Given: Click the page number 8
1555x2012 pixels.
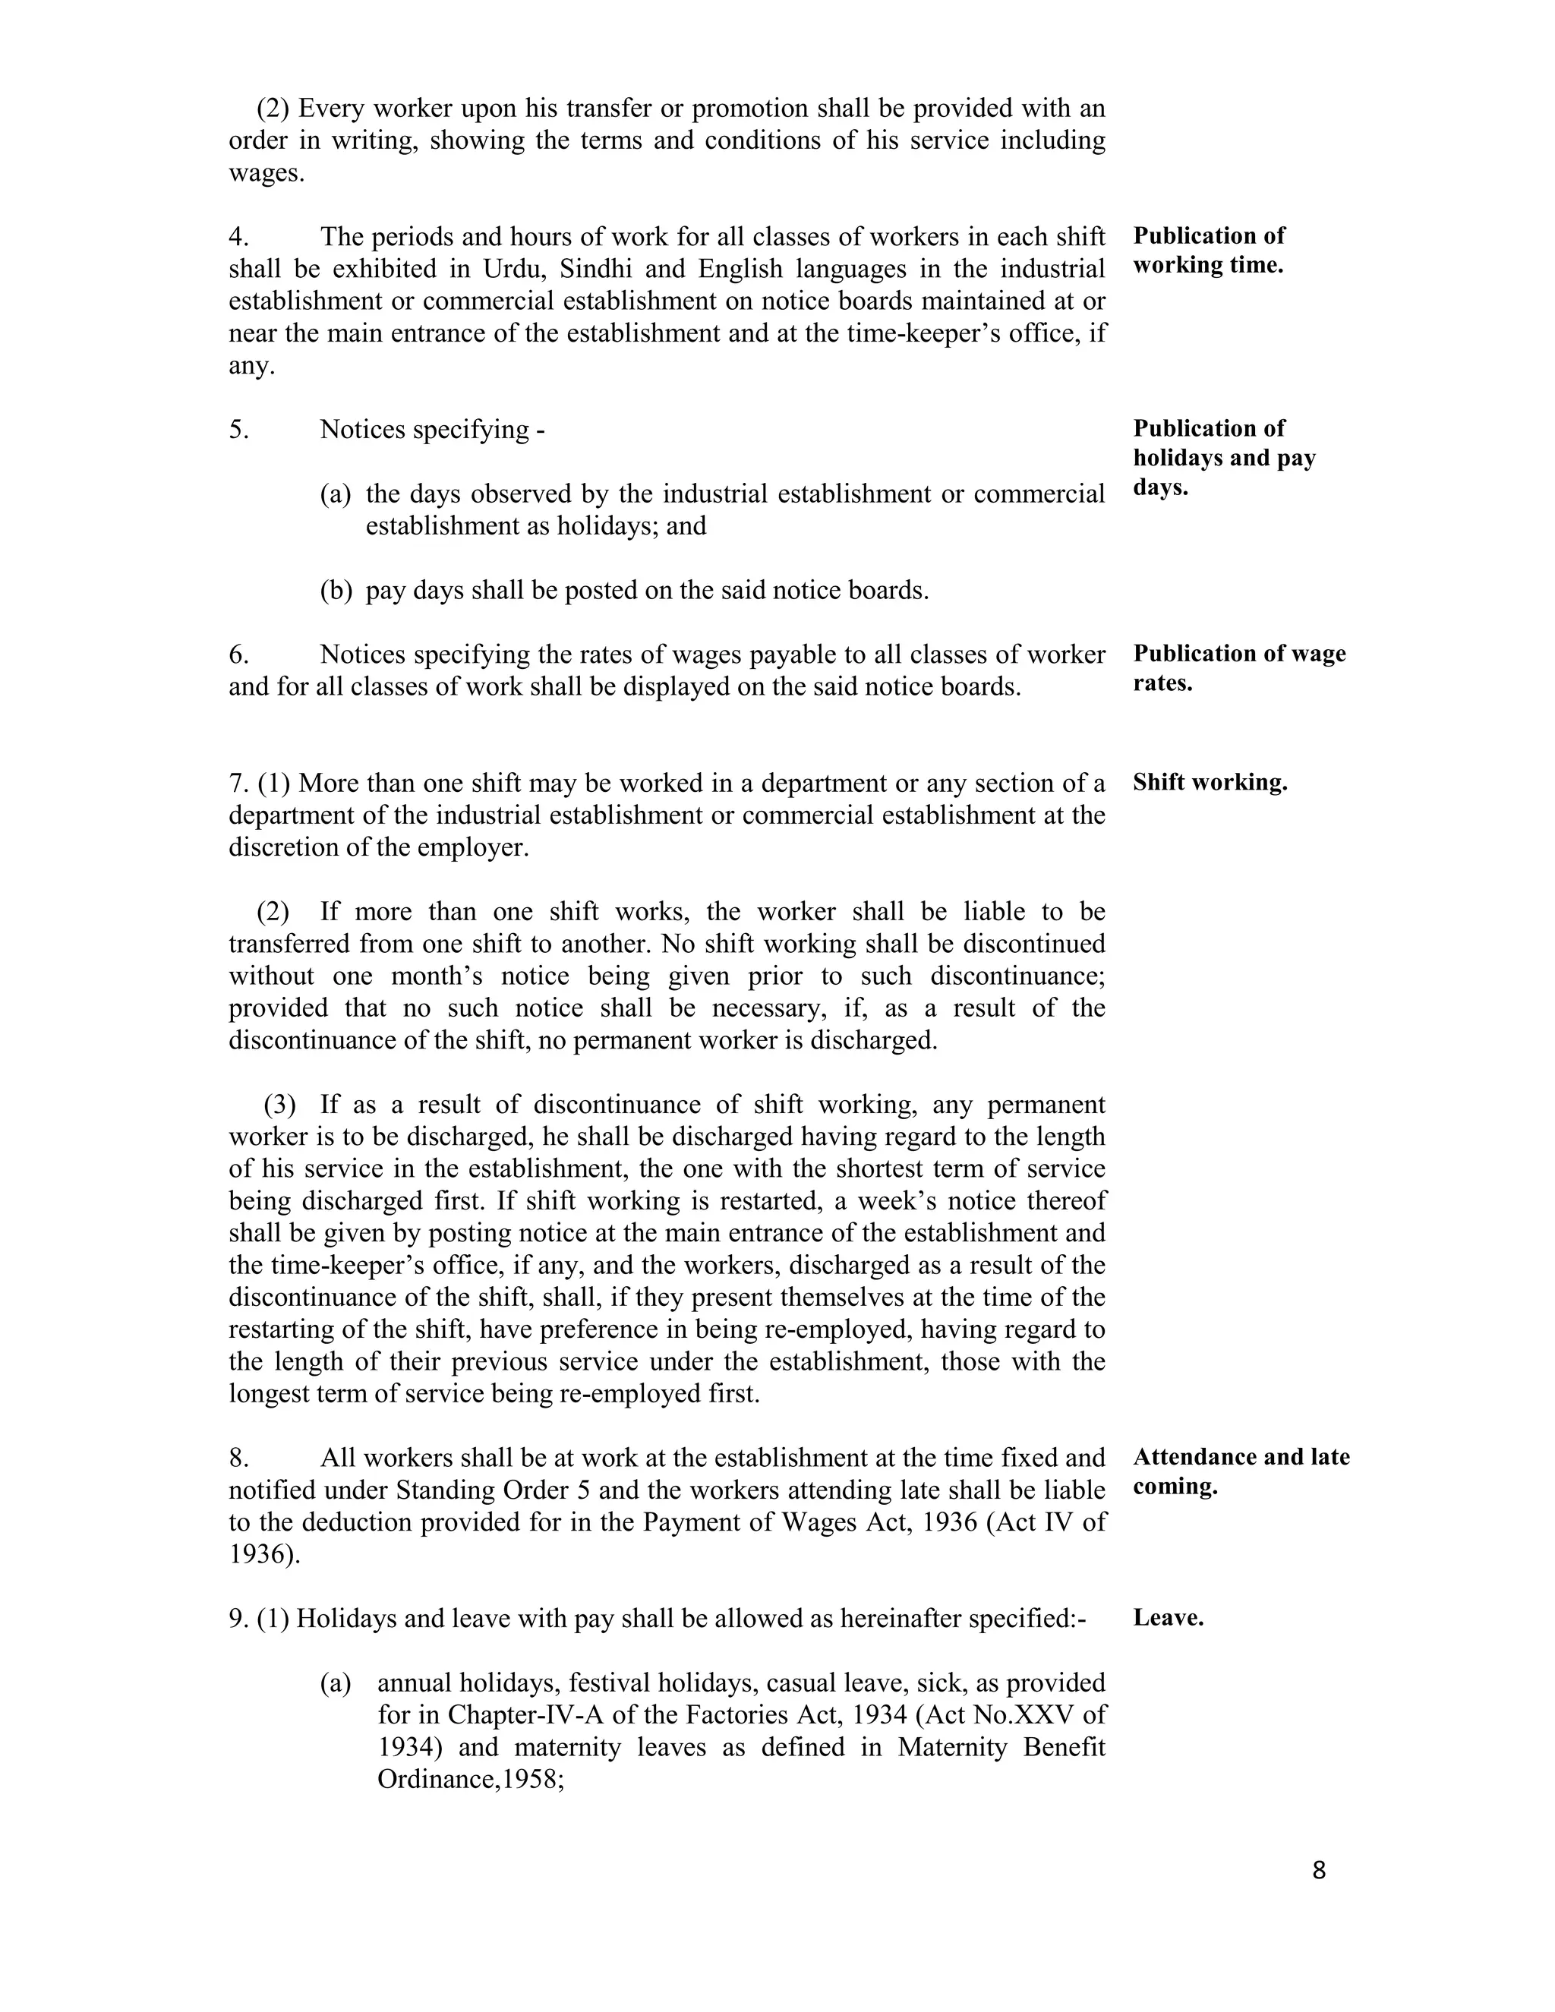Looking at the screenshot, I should click(x=1318, y=1870).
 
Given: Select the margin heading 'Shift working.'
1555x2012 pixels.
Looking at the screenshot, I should click(x=1210, y=783).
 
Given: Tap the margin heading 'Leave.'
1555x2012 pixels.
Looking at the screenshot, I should click(x=1168, y=1618).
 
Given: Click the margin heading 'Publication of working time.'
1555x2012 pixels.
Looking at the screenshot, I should click(x=1209, y=251).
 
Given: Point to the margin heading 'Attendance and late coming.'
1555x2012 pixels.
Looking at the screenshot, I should click(x=1241, y=1471).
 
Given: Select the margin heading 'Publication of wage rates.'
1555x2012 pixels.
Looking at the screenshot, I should click(x=1239, y=668).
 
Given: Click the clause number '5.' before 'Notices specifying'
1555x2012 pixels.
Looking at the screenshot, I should click(x=238, y=430).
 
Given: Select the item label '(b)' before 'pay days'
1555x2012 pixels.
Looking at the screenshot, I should click(x=336, y=591).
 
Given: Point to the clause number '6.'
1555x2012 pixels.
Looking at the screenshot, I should click(x=238, y=655).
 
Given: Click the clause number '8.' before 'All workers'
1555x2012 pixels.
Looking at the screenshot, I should click(x=238, y=1458).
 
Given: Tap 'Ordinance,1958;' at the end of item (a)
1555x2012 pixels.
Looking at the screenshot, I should click(x=470, y=1780).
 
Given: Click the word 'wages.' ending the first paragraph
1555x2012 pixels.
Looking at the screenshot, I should click(x=267, y=173).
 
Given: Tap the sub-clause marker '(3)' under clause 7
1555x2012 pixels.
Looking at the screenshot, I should click(x=281, y=1105).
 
